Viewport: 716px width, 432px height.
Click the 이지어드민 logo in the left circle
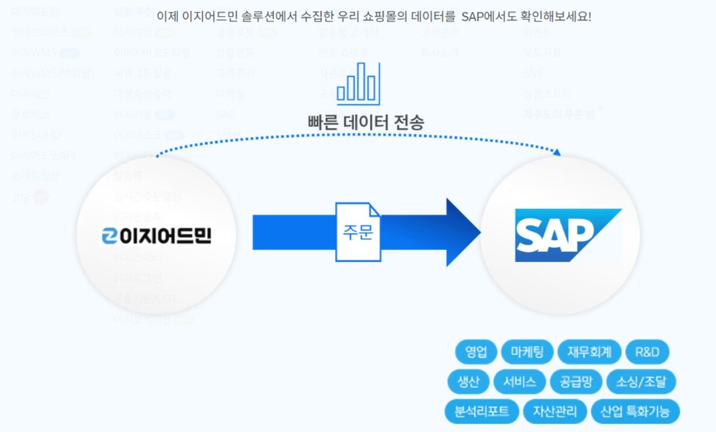[156, 237]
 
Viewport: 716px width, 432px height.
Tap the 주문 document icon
[358, 232]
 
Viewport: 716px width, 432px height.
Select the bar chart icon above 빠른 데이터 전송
[358, 84]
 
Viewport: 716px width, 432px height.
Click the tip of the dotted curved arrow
[557, 153]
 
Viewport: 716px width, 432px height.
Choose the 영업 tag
[476, 352]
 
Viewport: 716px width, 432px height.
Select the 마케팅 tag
[527, 352]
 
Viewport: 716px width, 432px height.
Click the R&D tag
[647, 352]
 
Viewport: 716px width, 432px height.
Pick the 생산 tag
[468, 382]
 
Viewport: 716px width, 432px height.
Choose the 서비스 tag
[519, 382]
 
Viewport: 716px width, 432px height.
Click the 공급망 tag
[572, 382]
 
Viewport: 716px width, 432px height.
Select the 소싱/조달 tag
[641, 382]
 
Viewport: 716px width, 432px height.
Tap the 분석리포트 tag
[482, 411]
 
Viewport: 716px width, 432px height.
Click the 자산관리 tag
[555, 411]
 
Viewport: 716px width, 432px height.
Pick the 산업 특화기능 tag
[635, 411]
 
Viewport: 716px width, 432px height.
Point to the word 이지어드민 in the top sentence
[212, 16]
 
